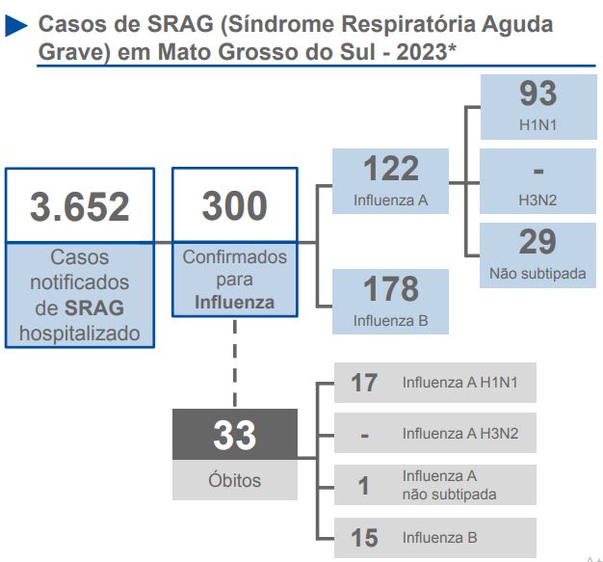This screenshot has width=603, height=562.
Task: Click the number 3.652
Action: coord(79,207)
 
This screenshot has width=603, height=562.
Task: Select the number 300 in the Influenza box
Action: coord(234,206)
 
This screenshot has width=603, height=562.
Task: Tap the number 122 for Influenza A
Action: coord(390,170)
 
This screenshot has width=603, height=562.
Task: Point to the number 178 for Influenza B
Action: coord(390,288)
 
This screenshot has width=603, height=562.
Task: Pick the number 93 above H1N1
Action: coord(537,94)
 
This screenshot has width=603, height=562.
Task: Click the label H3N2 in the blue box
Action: coord(537,201)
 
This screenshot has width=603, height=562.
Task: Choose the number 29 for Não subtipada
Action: coord(537,242)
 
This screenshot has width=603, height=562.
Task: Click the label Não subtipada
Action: coord(537,274)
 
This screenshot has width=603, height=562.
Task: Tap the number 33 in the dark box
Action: coord(235,436)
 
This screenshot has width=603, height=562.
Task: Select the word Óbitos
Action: coord(235,480)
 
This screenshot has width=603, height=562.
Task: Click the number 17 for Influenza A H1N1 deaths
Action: coord(364,383)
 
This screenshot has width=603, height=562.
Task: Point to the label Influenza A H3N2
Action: coord(460,434)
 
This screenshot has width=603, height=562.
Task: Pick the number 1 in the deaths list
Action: coord(364,486)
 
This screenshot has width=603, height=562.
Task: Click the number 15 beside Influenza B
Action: coord(364,538)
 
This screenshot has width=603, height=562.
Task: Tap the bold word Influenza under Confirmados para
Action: coord(234,302)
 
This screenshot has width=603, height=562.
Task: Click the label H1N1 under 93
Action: coord(537,126)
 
